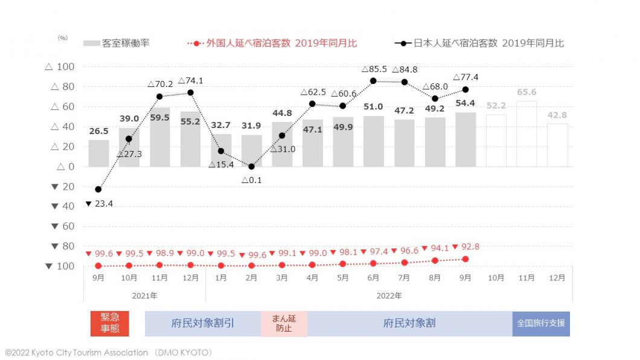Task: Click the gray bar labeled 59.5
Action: (x=159, y=137)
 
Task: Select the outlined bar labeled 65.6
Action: (x=526, y=134)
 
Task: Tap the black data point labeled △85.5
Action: (x=373, y=80)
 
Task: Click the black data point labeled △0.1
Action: (x=251, y=167)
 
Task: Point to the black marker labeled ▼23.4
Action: (x=98, y=189)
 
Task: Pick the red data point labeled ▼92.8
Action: (x=465, y=259)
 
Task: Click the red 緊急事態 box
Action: (x=109, y=323)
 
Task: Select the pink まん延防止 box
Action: (x=284, y=323)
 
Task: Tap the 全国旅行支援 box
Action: (x=541, y=323)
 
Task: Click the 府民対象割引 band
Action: (x=203, y=323)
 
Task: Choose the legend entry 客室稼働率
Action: (x=117, y=43)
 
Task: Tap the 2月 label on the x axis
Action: (x=251, y=278)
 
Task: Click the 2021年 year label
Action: (x=145, y=295)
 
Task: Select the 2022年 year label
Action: (x=389, y=295)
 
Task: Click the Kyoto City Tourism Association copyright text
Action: (x=109, y=352)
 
